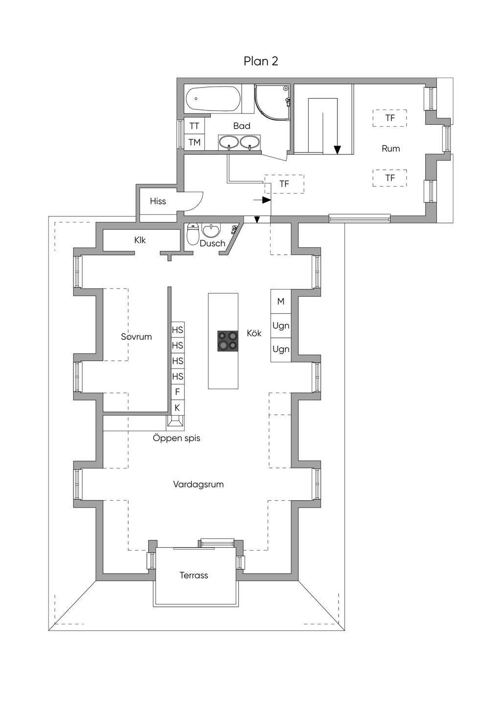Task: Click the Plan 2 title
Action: [x=261, y=61]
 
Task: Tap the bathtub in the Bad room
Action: [x=213, y=99]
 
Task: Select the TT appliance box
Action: [x=194, y=126]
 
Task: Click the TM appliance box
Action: [x=194, y=142]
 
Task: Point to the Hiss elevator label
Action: [x=158, y=201]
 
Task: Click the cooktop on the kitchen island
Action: [x=228, y=341]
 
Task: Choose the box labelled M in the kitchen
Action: [x=281, y=302]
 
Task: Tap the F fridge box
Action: [x=178, y=392]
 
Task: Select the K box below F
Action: [x=178, y=408]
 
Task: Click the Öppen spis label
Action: [x=177, y=439]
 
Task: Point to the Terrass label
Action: [x=194, y=575]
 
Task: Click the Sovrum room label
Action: [x=137, y=336]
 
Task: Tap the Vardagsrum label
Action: [x=198, y=485]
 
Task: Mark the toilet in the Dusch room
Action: [x=193, y=234]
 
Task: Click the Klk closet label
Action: [x=140, y=240]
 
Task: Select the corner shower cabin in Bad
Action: [x=272, y=103]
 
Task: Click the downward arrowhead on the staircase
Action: [x=338, y=150]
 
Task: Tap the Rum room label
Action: [x=390, y=149]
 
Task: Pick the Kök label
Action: [x=254, y=333]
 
